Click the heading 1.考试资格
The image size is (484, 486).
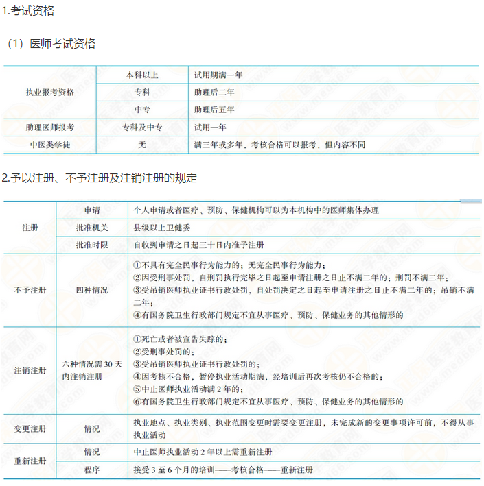coord(28,11)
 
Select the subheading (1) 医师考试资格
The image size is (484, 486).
coord(51,44)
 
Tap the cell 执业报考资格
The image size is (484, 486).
coord(49,92)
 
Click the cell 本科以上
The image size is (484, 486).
coord(142,74)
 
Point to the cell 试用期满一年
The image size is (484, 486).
coord(218,74)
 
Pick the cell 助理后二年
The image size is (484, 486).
coord(214,92)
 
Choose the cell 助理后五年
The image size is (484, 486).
coord(214,110)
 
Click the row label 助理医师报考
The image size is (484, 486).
coord(49,127)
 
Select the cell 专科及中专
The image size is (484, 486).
coord(142,127)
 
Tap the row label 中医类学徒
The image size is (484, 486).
coord(49,145)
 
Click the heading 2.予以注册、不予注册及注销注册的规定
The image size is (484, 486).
coord(100,178)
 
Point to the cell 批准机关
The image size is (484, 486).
coord(92,228)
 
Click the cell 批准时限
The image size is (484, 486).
coord(92,245)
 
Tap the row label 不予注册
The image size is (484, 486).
coord(30,290)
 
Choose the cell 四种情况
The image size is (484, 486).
coord(92,290)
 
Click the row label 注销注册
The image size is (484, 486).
coord(30,371)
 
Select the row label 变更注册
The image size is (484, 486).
coord(30,428)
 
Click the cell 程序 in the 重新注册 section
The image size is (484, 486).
coord(92,470)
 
